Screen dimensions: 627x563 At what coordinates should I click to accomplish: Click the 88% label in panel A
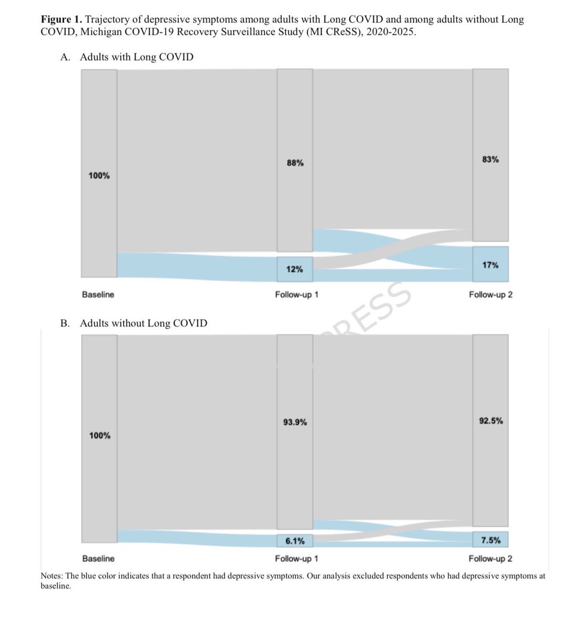coord(295,163)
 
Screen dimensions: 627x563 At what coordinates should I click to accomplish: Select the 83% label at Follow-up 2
coord(490,159)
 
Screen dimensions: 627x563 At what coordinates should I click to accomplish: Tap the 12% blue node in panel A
coord(295,269)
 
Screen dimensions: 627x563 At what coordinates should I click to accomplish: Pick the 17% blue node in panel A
coord(490,265)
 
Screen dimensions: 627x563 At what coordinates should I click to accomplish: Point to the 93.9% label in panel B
coord(295,422)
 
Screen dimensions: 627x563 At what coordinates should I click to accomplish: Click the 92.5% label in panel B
coord(491,421)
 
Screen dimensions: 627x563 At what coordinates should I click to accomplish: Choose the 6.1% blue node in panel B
coord(295,541)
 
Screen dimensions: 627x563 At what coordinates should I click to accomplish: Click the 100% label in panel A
coord(99,176)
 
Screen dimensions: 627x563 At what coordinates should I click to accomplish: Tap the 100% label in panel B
coord(99,435)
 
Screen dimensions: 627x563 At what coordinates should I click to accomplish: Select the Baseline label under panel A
coord(98,295)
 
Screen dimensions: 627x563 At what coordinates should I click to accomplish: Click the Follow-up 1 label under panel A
coord(296,295)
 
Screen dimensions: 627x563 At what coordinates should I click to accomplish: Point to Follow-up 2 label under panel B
coord(490,559)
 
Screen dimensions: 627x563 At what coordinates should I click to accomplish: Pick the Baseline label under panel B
coord(98,559)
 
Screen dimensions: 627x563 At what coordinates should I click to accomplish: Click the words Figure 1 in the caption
coord(61,20)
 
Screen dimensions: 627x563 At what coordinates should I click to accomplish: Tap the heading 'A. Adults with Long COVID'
coord(127,57)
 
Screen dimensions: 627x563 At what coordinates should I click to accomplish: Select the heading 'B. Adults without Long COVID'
coord(133,323)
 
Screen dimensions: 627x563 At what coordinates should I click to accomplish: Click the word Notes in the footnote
coord(52,576)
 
